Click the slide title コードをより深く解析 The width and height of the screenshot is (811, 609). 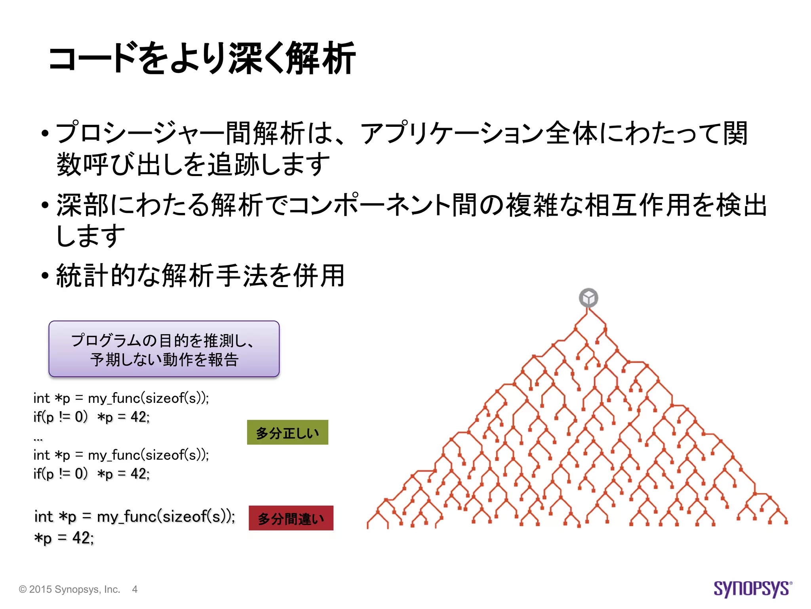tap(202, 59)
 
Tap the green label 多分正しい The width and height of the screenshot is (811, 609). tap(287, 433)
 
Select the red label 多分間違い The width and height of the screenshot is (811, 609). tap(291, 518)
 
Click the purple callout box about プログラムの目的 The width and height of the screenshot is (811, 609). tap(164, 349)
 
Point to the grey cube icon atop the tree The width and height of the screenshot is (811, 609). tap(588, 298)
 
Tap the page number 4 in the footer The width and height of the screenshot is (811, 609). tap(135, 590)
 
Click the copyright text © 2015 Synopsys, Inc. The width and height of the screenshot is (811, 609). tap(70, 590)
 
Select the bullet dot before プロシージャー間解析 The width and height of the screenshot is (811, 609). tap(45, 134)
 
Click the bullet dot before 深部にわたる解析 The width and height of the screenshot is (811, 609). tap(45, 205)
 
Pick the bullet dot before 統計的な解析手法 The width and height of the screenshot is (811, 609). tap(45, 276)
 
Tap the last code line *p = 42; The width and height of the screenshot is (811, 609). tap(64, 538)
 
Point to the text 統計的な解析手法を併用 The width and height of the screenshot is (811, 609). tap(200, 276)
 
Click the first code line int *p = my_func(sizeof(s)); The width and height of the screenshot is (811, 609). tap(121, 398)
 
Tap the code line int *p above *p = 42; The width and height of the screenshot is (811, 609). tap(135, 517)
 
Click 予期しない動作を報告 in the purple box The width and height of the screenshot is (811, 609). tap(164, 360)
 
